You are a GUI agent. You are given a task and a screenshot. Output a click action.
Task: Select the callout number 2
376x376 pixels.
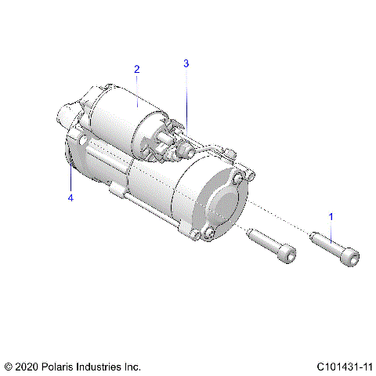(x=136, y=70)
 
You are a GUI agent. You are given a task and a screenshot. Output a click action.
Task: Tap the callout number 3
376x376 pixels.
(x=186, y=63)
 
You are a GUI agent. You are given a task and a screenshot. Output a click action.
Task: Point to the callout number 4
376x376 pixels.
(x=70, y=198)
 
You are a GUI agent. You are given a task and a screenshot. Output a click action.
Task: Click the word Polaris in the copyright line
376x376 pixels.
(x=61, y=366)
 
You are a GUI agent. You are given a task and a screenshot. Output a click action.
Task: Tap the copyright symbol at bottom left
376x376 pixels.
(x=9, y=366)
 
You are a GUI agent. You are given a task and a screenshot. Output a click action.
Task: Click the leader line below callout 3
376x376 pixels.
(x=186, y=94)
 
